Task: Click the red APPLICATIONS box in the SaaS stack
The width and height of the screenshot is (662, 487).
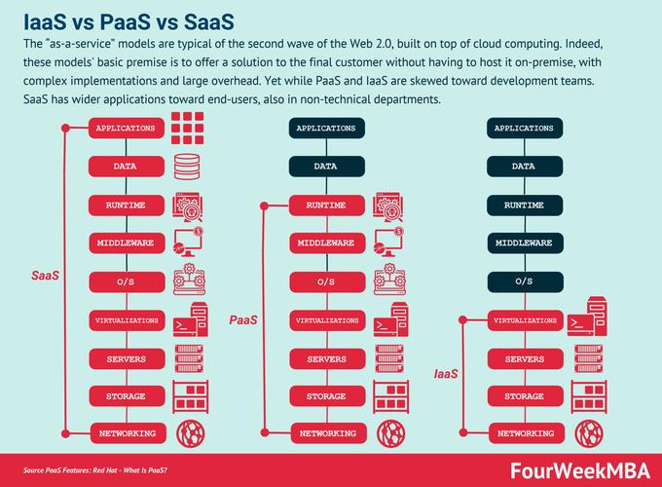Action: click(x=127, y=128)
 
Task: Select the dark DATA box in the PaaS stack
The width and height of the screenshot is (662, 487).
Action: click(x=327, y=166)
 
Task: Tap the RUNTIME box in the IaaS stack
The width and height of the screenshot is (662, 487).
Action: click(x=525, y=206)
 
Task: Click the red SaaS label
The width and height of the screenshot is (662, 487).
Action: click(x=45, y=276)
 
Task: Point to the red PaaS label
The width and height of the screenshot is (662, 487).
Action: click(x=243, y=319)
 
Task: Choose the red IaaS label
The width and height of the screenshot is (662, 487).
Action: click(x=446, y=374)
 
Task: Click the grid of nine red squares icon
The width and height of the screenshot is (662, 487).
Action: click(x=188, y=128)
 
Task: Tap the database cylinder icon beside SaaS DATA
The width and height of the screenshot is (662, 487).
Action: click(x=187, y=167)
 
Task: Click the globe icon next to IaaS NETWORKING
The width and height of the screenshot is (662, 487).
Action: click(x=589, y=433)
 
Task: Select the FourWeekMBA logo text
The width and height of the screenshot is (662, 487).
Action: click(x=580, y=470)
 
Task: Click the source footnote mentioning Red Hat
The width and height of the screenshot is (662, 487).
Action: click(x=95, y=470)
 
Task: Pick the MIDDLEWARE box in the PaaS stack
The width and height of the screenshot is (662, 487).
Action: click(x=327, y=243)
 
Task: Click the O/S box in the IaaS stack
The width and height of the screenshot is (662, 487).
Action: click(x=525, y=281)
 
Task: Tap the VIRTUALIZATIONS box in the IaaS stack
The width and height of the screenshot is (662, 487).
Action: click(x=525, y=320)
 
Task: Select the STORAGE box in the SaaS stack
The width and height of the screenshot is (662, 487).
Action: click(x=128, y=396)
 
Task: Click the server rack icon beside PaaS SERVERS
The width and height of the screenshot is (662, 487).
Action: click(x=389, y=358)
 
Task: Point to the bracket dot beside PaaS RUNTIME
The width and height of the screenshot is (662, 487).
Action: click(x=264, y=206)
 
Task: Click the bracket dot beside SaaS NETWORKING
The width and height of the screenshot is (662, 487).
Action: click(x=65, y=433)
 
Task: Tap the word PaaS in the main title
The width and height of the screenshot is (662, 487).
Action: click(x=126, y=22)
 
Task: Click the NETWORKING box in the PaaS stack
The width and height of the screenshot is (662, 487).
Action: click(x=328, y=433)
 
